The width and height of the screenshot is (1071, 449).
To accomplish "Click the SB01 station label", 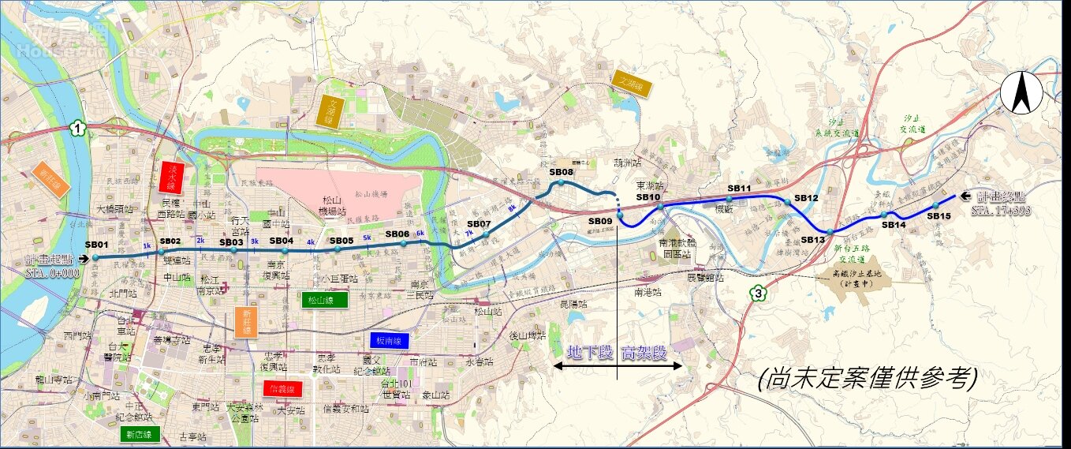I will point(95,245).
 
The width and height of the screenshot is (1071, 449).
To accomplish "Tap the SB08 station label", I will point(561,172).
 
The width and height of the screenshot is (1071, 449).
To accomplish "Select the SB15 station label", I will point(939,215).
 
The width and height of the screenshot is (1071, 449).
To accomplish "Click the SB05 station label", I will point(341,241).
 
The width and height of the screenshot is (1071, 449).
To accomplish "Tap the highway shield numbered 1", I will point(77,128).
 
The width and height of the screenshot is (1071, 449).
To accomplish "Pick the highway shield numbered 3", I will point(759,294).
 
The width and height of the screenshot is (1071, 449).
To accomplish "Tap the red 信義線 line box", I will point(283,389).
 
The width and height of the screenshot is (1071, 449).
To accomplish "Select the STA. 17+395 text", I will point(1002,211).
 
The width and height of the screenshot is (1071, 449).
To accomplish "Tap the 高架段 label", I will point(643,353).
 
